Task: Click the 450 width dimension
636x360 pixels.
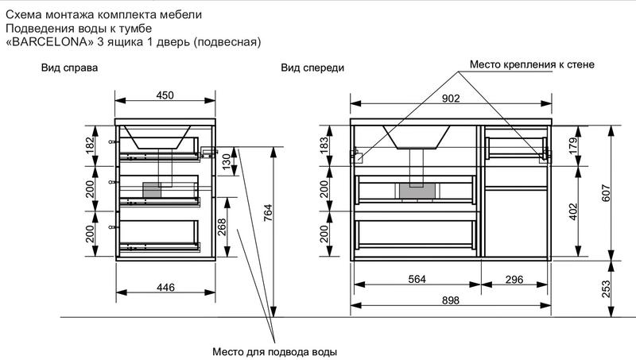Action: pos(165,95)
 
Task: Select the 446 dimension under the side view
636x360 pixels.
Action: pos(165,288)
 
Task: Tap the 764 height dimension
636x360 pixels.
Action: pos(268,213)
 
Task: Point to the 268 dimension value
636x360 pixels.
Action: pos(222,227)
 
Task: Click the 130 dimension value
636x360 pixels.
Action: pos(227,161)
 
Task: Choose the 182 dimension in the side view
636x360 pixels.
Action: pos(90,145)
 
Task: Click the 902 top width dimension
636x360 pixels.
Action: pos(451,99)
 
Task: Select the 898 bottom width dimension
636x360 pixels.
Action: pos(451,300)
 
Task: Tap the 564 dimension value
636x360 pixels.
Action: pos(417,279)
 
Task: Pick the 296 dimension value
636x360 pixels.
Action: pos(514,279)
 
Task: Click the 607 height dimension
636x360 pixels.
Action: pos(606,193)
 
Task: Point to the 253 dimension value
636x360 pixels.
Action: pos(606,289)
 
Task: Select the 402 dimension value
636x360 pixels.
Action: pos(573,211)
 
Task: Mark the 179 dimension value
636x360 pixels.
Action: pos(573,145)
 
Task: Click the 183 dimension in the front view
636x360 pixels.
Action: pos(324,145)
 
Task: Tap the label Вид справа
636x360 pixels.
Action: pos(69,68)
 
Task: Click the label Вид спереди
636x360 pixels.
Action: pos(312,68)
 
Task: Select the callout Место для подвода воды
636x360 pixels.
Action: pos(274,351)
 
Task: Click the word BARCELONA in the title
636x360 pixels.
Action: pos(50,42)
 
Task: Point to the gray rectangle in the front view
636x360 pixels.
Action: pos(418,191)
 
